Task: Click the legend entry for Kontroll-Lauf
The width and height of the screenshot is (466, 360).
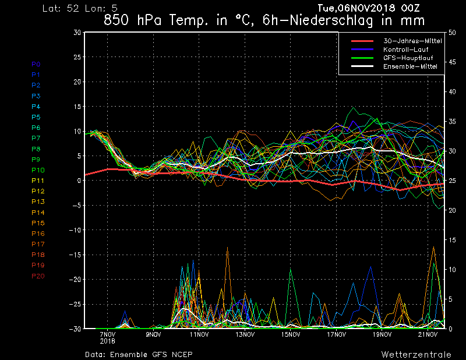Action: pos(405,50)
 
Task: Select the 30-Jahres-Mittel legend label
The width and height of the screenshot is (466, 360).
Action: pos(412,41)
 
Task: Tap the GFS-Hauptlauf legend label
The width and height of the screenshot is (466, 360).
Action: pos(408,58)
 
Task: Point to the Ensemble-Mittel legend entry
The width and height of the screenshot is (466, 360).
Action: pos(410,66)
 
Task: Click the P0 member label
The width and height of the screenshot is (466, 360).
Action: pos(36,64)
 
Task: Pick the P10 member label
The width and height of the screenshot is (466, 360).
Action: pos(38,170)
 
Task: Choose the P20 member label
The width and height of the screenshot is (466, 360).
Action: pos(38,276)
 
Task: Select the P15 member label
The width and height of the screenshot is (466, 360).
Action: pos(38,223)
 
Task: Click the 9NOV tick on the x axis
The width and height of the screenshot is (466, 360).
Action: pos(153,334)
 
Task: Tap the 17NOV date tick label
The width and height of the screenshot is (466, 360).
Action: pos(336,334)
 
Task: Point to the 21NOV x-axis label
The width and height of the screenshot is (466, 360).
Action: pos(428,334)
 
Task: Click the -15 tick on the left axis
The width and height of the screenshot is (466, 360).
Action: pos(75,255)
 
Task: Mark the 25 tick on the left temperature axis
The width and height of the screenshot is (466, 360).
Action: pos(77,57)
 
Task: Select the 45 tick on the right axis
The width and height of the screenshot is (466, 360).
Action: pos(452,62)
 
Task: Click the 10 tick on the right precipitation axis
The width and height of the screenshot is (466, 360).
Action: pos(452,270)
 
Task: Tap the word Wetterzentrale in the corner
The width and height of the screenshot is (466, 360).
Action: pos(416,354)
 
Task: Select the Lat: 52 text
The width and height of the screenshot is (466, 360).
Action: pos(61,8)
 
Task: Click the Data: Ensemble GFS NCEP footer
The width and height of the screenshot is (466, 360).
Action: pos(139,354)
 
